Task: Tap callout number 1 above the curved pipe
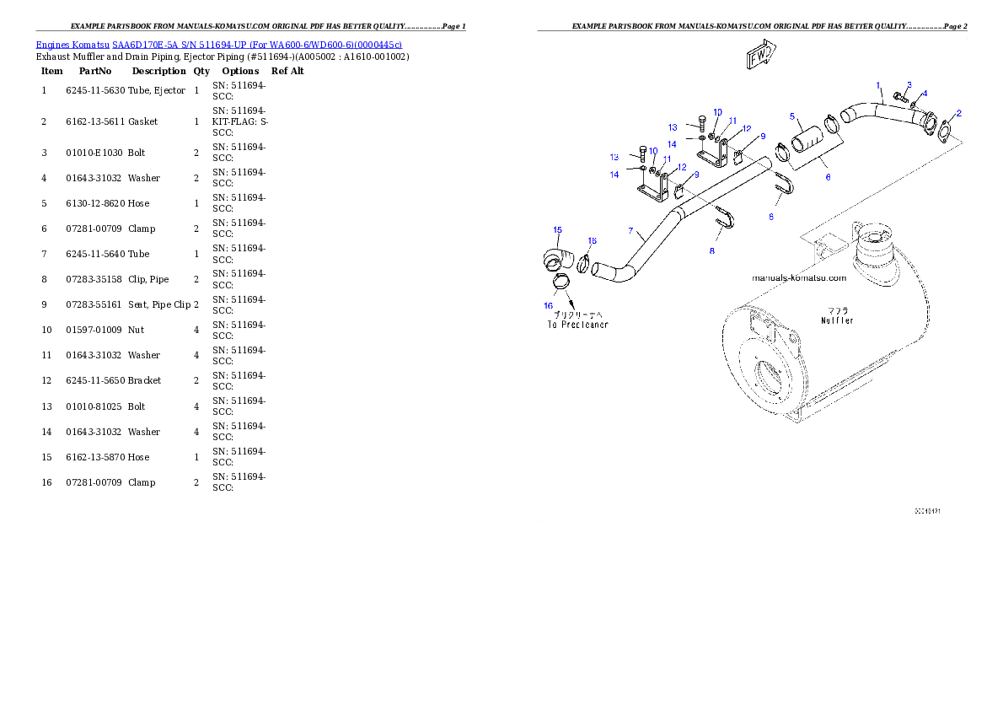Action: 878,85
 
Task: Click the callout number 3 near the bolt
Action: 925,94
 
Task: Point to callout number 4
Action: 792,116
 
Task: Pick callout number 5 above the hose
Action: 828,177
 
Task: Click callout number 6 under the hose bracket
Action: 630,230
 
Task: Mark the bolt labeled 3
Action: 837,320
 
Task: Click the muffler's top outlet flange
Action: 927,511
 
